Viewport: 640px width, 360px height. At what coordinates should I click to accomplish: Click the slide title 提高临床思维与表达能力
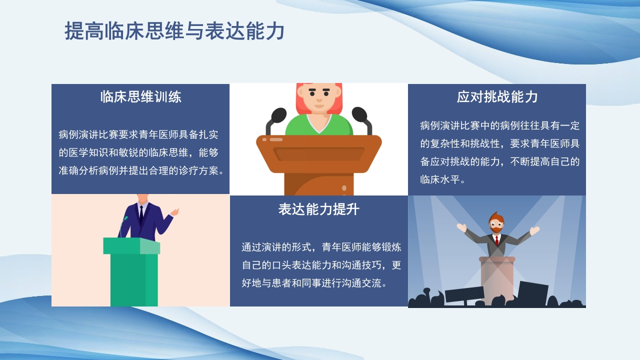click(174, 31)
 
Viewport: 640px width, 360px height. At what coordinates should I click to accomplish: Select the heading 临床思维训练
click(140, 96)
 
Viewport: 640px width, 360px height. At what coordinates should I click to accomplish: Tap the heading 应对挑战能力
click(497, 96)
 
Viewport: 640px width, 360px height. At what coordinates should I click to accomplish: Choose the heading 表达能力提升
click(318, 209)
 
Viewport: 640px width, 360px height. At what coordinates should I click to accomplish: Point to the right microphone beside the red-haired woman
click(359, 115)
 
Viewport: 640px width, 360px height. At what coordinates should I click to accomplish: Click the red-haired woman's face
click(318, 98)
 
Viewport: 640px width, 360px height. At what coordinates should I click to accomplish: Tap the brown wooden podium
click(318, 160)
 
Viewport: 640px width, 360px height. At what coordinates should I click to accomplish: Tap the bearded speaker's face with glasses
click(496, 224)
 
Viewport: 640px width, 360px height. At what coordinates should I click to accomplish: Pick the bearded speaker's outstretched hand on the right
click(534, 231)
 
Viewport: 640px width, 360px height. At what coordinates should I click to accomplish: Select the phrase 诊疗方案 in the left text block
click(199, 170)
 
